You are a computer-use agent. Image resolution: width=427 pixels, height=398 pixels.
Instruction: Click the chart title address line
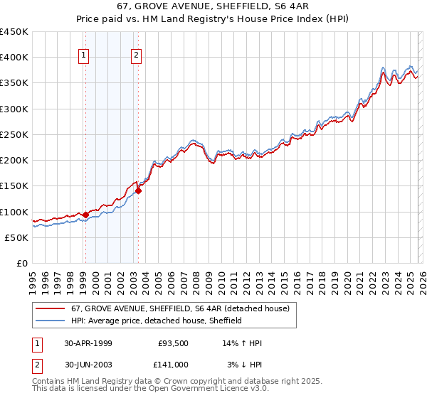(214, 7)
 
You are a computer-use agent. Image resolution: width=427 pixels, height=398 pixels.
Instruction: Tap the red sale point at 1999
(86, 215)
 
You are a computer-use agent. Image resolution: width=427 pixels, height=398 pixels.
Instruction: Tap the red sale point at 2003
(138, 190)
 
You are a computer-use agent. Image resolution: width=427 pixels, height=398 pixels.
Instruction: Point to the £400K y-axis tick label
(14, 58)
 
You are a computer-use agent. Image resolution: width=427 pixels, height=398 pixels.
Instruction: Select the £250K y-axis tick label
(14, 134)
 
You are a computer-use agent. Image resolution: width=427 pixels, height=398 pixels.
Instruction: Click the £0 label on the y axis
(21, 263)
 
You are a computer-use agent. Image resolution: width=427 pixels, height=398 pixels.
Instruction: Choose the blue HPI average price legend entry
(157, 321)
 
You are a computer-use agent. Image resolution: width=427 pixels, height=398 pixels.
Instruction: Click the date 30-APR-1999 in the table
(88, 343)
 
